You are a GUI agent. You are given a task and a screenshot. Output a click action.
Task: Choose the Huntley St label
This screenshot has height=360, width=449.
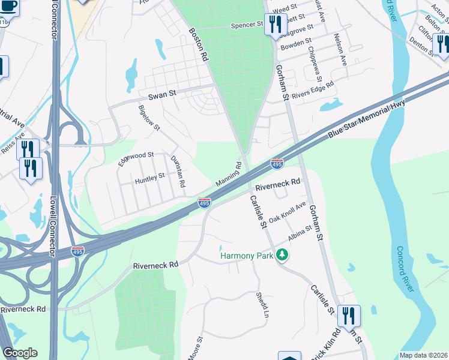pos(149,178)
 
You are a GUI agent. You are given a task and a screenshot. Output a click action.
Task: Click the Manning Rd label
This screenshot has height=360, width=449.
pos(229,175)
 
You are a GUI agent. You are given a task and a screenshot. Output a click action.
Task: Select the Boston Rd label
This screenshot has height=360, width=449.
pos(198,46)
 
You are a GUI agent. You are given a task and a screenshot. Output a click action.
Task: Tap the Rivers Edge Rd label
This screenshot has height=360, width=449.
pos(313,91)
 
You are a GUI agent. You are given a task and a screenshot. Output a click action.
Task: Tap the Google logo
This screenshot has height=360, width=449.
pos(20,353)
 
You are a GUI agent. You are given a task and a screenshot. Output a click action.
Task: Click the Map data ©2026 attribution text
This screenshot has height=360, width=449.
pos(423,355)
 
